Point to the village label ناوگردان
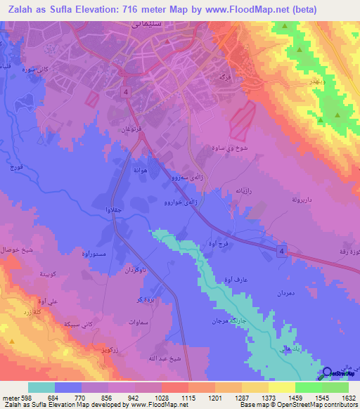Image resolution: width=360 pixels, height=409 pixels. coord(133,270)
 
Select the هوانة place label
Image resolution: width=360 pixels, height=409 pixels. coord(139,169)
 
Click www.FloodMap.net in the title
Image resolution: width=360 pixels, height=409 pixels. coord(238,10)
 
